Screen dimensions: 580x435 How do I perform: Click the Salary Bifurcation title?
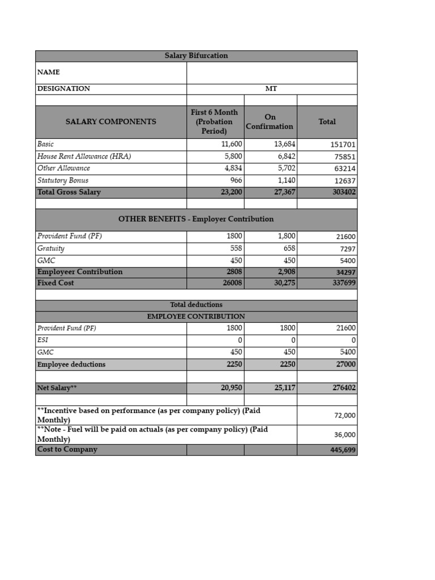tap(196, 56)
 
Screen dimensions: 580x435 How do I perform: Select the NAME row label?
tap(49, 72)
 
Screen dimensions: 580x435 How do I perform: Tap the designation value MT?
tap(271, 89)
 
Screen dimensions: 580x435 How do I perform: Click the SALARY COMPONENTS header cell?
tap(111, 122)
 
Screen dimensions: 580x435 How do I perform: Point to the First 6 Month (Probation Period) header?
tap(215, 122)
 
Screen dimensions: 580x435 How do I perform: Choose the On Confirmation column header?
tap(270, 122)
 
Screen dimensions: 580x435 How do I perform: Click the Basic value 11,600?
tap(232, 144)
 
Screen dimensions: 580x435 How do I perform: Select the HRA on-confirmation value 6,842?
tap(284, 156)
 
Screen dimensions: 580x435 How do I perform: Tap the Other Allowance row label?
tap(63, 168)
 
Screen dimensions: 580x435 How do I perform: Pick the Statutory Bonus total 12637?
tap(344, 181)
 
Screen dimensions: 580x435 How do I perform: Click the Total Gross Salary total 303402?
tap(344, 193)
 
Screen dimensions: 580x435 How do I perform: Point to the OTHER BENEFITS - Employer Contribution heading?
tap(196, 219)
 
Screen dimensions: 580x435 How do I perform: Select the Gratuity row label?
tap(51, 249)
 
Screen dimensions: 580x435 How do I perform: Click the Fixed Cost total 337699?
tap(344, 283)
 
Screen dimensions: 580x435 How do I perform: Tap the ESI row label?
tap(42, 340)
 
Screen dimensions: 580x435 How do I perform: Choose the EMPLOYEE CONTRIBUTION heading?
tap(196, 317)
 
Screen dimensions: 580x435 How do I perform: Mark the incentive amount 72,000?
tap(344, 416)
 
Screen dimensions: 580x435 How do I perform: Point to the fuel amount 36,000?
tap(344, 435)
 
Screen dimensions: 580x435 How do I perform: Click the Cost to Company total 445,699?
tap(343, 450)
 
